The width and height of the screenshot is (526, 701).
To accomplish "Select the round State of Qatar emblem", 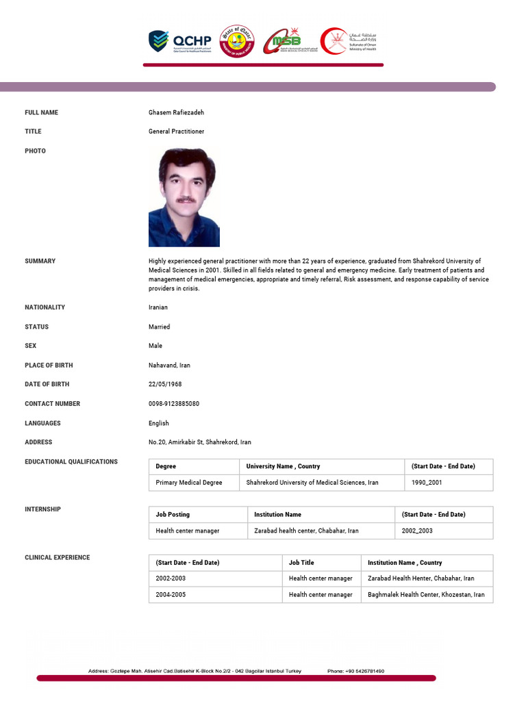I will (x=236, y=41).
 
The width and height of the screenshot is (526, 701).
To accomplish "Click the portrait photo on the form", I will (x=184, y=197).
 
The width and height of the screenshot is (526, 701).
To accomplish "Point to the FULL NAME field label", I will (x=42, y=112).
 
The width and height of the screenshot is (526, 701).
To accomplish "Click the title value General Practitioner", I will (x=176, y=131).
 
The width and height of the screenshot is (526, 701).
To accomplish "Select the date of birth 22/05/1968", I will (x=165, y=384).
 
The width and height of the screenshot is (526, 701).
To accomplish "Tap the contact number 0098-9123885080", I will (x=174, y=404).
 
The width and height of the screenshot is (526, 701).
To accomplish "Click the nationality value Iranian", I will (x=158, y=307).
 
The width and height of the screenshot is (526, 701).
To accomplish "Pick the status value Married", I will (x=160, y=327).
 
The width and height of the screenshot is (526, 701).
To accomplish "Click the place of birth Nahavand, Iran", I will (x=169, y=366).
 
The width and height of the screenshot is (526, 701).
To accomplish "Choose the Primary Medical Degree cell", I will (x=189, y=483).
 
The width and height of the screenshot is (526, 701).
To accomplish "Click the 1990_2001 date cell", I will (x=427, y=483).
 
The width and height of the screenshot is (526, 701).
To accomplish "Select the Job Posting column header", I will (x=173, y=514).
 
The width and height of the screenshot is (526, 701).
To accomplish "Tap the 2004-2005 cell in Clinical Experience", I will (x=171, y=595).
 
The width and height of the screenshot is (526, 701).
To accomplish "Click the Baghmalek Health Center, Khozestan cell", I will (x=425, y=595).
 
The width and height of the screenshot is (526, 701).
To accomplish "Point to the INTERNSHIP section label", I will (x=42, y=509).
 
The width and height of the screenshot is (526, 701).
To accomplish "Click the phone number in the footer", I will (x=355, y=671).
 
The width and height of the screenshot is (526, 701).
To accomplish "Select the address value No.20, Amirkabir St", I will (x=200, y=442).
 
